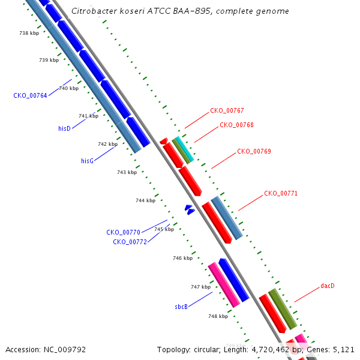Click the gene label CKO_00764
point(30,95)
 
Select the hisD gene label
point(64,128)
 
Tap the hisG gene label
point(87,161)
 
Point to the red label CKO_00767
point(227,110)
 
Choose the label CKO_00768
point(237,125)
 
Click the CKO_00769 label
point(254,151)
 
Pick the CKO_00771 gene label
point(281,193)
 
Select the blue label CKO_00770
point(123,232)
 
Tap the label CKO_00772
point(130,242)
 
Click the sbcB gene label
point(181,307)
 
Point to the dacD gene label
point(328,286)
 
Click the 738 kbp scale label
point(29,33)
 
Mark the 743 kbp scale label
point(127,172)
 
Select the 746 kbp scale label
point(183,258)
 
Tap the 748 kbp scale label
point(218,316)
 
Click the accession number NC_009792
point(65,350)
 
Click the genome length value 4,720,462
point(271,350)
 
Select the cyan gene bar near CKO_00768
point(185,149)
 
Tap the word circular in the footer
point(207,350)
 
